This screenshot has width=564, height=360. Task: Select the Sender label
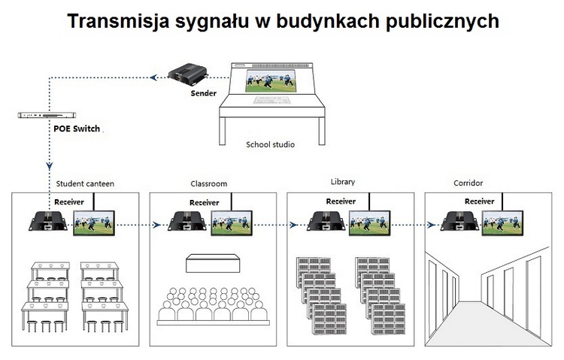[x=204, y=93]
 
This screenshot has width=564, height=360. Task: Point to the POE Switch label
[x=77, y=129]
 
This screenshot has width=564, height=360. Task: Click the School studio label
[x=270, y=144]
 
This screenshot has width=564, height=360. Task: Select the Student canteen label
[x=85, y=183]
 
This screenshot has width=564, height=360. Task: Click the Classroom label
[x=208, y=183]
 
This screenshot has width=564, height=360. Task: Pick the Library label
[x=342, y=182]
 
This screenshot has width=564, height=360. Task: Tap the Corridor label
[x=468, y=183]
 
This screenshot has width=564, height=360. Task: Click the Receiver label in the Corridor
[x=479, y=201]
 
